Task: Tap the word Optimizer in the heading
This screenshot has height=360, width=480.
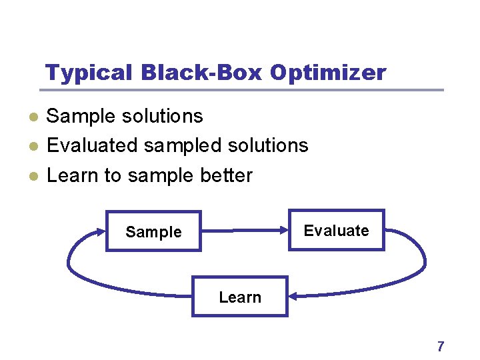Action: click(x=328, y=73)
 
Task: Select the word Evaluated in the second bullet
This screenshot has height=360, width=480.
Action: click(x=92, y=145)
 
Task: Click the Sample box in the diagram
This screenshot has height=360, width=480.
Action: click(x=153, y=231)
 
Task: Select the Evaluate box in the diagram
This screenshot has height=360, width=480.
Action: click(x=336, y=231)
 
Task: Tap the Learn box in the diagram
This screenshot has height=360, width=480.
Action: click(x=240, y=297)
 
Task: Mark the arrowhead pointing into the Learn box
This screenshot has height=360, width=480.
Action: click(x=293, y=296)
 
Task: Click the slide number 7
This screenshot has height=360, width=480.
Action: click(x=440, y=346)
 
